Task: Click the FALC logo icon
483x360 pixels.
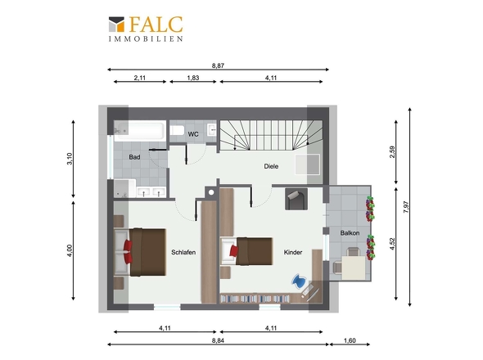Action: [x=116, y=25]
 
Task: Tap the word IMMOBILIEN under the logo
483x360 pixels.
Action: [x=146, y=38]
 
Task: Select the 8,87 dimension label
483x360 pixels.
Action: [x=218, y=65]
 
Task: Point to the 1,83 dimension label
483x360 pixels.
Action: [x=193, y=78]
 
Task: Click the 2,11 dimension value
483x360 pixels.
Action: [x=139, y=78]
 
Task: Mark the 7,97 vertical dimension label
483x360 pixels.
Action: [x=406, y=207]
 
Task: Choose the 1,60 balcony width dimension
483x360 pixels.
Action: [x=350, y=340]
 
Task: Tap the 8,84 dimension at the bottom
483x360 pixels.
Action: [x=218, y=340]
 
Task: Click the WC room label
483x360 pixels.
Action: [x=193, y=134]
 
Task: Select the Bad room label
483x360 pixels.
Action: [x=134, y=157]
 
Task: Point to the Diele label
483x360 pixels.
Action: [x=271, y=166]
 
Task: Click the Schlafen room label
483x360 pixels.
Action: [x=183, y=252]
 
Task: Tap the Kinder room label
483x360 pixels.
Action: [x=293, y=252]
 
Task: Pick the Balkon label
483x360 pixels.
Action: [x=350, y=233]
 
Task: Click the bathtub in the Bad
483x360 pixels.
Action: [x=140, y=131]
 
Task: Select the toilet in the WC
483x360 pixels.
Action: [x=177, y=130]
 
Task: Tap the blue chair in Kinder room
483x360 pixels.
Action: [x=299, y=281]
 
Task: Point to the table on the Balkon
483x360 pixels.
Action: [x=354, y=268]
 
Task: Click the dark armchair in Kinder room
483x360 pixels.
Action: [x=296, y=200]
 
